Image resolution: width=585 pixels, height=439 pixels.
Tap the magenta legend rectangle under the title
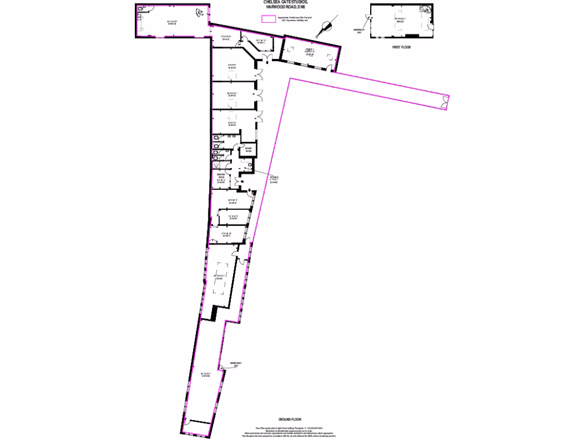pos(268,19)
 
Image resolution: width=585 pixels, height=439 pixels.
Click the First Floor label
pos(402,48)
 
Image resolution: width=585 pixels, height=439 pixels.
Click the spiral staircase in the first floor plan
pos(425,10)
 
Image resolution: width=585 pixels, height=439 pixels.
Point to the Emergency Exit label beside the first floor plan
pos(358,30)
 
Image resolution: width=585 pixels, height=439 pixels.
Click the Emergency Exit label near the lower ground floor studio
pos(235,364)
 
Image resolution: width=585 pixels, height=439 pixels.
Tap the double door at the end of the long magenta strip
pos(444,103)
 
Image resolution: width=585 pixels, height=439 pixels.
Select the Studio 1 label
pos(308,51)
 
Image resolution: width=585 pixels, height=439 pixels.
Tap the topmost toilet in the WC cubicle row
pos(216,138)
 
